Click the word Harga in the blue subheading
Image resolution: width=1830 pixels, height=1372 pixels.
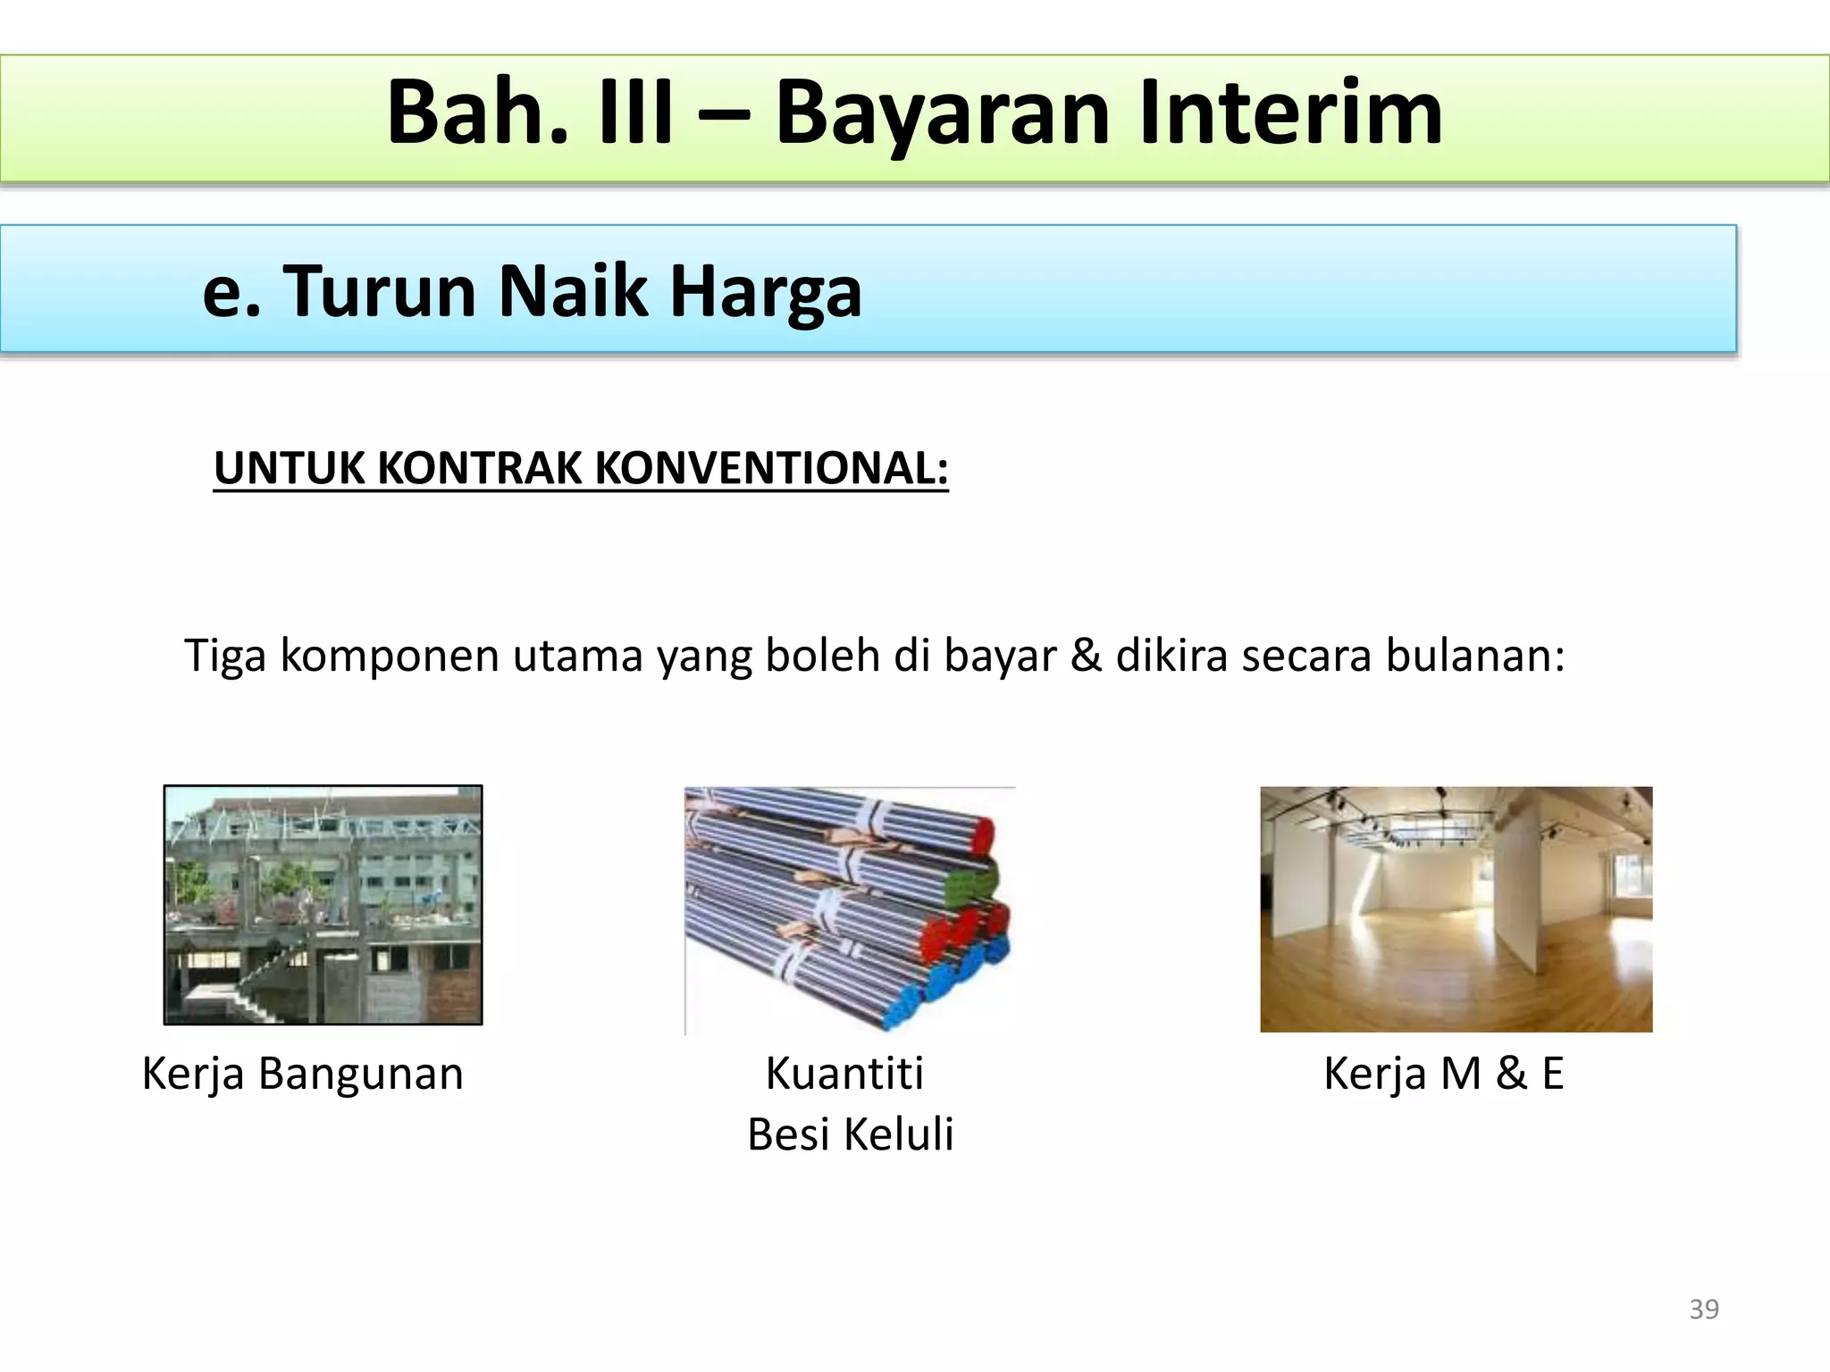pos(766,292)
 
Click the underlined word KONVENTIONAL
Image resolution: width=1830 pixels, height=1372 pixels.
pos(770,467)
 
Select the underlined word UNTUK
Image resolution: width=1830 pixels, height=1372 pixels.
pos(289,467)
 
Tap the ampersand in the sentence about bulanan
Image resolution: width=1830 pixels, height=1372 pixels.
pos(1085,655)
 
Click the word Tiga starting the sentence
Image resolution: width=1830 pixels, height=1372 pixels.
pos(226,655)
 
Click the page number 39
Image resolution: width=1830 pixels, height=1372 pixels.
pos(1704,1309)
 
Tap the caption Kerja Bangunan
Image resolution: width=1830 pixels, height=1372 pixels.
pos(303,1073)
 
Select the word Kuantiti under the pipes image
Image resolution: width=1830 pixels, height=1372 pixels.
pos(844,1073)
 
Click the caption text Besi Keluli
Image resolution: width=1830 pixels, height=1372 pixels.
pos(850,1134)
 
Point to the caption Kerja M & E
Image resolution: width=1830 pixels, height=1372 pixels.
pos(1443,1073)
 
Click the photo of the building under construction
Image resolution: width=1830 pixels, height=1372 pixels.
pos(323,904)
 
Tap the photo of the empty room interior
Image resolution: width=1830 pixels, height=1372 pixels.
pos(1456,908)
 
